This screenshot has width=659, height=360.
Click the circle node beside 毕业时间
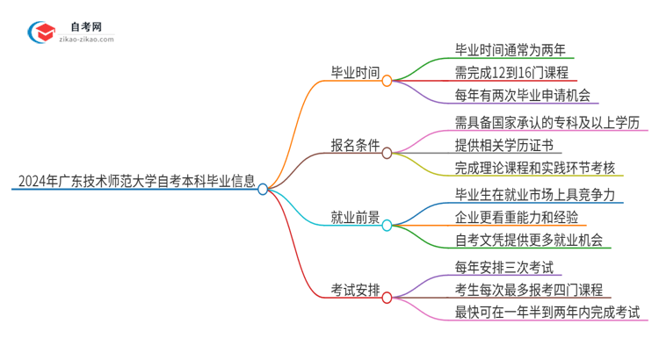coord(387,80)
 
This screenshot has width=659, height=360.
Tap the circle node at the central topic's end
coord(263,188)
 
